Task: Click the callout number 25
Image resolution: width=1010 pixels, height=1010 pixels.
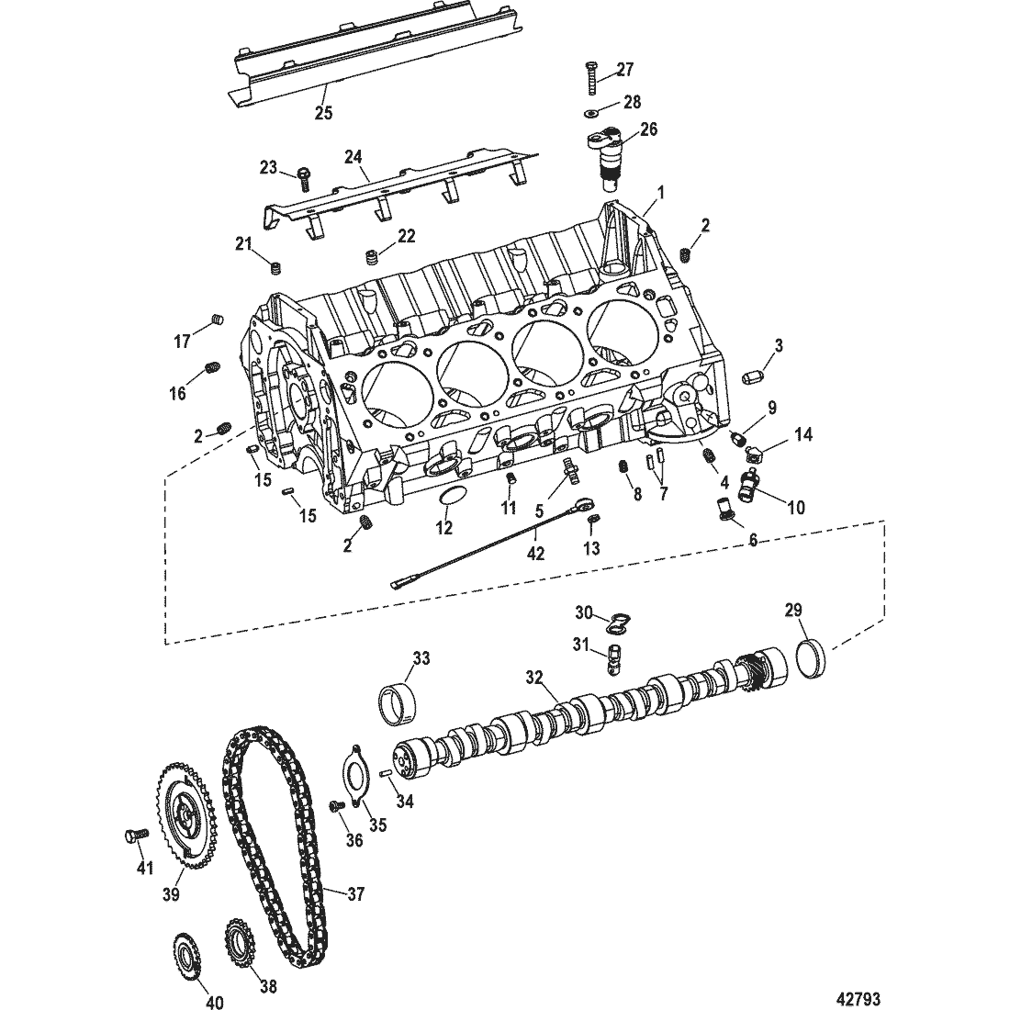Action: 323,113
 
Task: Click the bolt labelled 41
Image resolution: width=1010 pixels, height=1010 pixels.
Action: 133,836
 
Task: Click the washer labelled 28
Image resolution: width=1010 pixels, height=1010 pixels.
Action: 591,113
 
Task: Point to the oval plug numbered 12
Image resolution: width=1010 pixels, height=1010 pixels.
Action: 450,499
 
